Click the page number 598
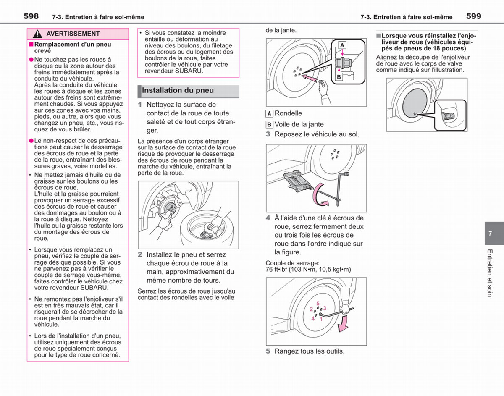click(31, 16)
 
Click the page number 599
click(474, 16)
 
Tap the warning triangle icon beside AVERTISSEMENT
click(37, 34)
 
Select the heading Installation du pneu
click(178, 90)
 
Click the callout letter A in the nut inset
click(342, 45)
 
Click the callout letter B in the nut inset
click(339, 77)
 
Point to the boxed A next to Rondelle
click(269, 114)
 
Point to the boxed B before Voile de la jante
click(269, 125)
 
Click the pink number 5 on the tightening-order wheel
click(318, 303)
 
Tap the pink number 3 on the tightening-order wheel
click(325, 308)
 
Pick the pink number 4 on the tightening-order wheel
click(313, 319)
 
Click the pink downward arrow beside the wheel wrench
click(343, 324)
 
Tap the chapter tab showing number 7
click(494, 233)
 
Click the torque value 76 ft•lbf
click(276, 270)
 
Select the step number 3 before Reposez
click(268, 134)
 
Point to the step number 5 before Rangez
click(268, 351)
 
